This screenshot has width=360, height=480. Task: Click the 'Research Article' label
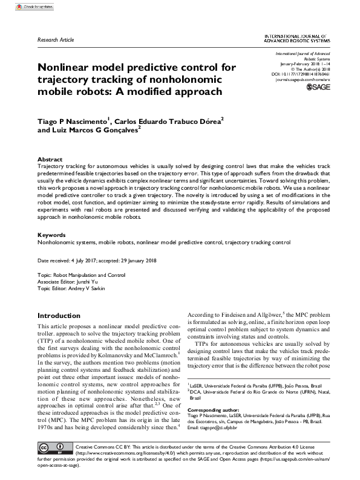(x=56, y=39)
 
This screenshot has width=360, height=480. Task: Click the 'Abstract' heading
(x=50, y=159)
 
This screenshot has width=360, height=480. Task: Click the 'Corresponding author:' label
(x=215, y=410)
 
